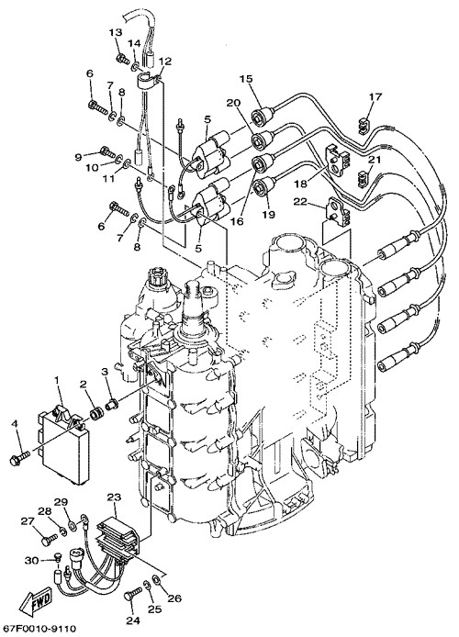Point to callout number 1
point(57,380)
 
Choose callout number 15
point(246,78)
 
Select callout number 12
point(165,61)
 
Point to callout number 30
point(31,561)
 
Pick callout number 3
point(105,371)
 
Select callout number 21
point(375,160)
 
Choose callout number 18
point(301,184)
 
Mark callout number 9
point(78,156)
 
